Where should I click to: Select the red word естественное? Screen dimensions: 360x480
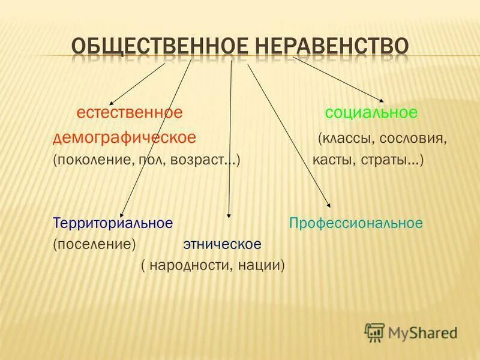pyautogui.click(x=129, y=112)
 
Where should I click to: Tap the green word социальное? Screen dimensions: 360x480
pyautogui.click(x=371, y=112)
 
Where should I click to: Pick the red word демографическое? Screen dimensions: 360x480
pyautogui.click(x=124, y=137)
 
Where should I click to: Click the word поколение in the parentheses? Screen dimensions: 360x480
pyautogui.click(x=90, y=161)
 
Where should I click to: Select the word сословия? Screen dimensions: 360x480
pyautogui.click(x=413, y=139)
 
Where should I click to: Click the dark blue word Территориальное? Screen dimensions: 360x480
pyautogui.click(x=113, y=223)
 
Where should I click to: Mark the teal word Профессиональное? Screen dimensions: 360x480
pyautogui.click(x=356, y=223)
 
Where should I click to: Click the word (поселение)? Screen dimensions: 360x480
pyautogui.click(x=94, y=245)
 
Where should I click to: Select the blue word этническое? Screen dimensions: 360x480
pyautogui.click(x=222, y=245)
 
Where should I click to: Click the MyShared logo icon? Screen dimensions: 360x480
pyautogui.click(x=374, y=332)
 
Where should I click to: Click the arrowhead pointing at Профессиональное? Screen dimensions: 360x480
pyautogui.click(x=328, y=205)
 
